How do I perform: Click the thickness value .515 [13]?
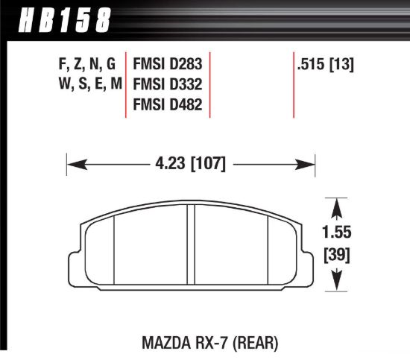[324, 64]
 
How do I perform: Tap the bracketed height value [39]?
[339, 255]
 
